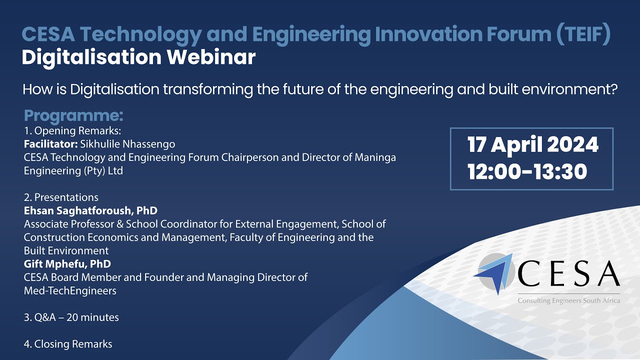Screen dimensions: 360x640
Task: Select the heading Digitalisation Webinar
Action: pos(138,57)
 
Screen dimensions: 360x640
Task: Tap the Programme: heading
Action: pos(73,116)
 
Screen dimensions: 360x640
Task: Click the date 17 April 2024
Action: pos(533,145)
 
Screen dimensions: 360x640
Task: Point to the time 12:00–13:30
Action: pos(527,172)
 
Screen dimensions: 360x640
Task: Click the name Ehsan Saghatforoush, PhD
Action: pos(90,210)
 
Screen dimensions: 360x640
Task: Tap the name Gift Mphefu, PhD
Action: pos(67,263)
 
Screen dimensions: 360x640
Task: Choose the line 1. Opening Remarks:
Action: pos(72,131)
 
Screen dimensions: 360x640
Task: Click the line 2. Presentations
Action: pos(61,197)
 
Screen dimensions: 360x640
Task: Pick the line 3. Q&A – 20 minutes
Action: pos(71,317)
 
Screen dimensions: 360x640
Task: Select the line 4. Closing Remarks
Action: pos(68,344)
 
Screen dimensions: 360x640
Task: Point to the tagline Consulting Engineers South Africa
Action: pos(568,300)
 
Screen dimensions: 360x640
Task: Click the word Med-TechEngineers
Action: pos(70,290)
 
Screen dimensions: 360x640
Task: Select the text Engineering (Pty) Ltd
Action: pos(73,170)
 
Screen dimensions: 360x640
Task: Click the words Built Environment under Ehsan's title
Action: pos(66,250)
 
